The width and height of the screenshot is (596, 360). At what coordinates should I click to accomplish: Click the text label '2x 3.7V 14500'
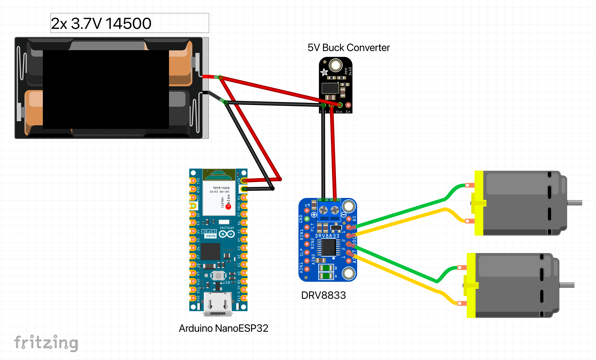[x=101, y=23]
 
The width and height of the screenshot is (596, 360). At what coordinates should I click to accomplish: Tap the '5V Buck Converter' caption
[x=348, y=48]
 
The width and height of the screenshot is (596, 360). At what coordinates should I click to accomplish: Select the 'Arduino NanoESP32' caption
[x=223, y=328]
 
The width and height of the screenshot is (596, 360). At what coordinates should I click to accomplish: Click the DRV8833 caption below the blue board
[x=323, y=295]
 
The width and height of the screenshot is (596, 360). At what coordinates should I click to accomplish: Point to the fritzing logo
[x=46, y=343]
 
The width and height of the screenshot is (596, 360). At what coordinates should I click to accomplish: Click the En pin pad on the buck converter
[x=348, y=105]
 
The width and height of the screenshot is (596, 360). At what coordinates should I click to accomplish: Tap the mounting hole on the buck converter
[x=336, y=65]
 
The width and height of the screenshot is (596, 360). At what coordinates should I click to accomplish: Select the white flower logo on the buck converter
[x=324, y=72]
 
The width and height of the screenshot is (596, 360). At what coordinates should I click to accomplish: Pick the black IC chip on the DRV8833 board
[x=328, y=247]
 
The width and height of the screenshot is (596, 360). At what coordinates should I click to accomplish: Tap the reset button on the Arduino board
[x=218, y=275]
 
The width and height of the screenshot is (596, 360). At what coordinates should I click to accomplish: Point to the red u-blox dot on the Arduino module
[x=228, y=207]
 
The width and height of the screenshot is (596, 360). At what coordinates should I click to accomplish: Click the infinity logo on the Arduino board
[x=227, y=234]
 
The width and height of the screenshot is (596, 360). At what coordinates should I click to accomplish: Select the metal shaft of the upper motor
[x=574, y=203]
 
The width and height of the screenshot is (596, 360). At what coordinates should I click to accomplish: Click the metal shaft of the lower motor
[x=567, y=285]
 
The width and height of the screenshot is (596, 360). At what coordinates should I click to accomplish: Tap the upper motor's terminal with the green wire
[x=468, y=185]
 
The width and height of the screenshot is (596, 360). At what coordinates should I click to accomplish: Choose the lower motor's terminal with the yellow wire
[x=460, y=303]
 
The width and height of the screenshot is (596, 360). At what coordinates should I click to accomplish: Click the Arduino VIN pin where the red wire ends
[x=243, y=181]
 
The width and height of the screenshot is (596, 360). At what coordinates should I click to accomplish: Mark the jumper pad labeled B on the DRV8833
[x=326, y=268]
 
